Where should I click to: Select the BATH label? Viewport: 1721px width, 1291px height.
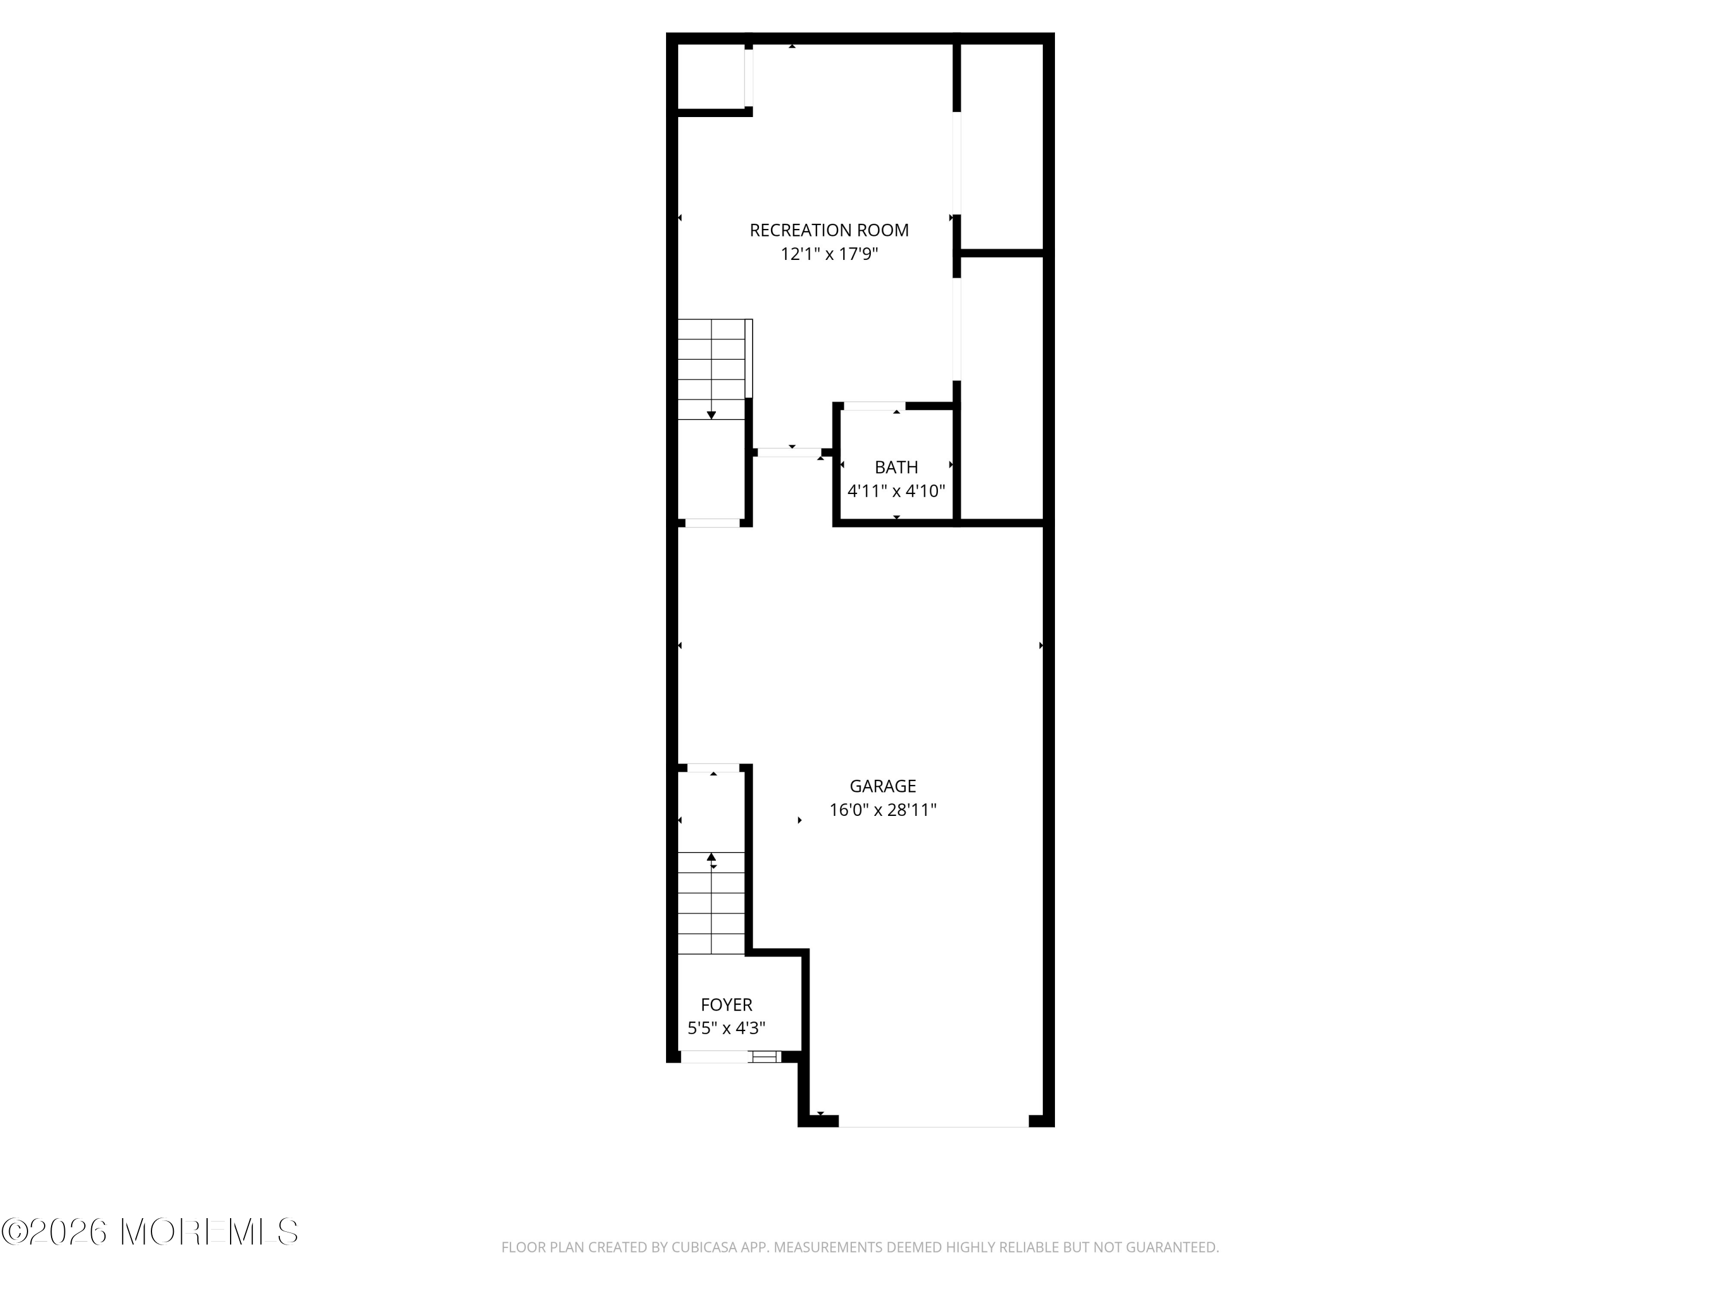pyautogui.click(x=896, y=468)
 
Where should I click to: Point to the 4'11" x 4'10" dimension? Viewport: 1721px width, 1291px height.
pyautogui.click(x=896, y=491)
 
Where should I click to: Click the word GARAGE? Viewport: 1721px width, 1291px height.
pyautogui.click(x=882, y=786)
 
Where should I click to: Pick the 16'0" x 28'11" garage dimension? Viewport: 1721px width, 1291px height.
pyautogui.click(x=882, y=810)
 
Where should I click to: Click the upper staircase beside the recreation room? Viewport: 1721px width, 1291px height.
pyautogui.click(x=711, y=370)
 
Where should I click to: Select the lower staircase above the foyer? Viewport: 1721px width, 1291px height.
pyautogui.click(x=711, y=903)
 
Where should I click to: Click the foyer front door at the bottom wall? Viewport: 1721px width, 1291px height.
pyautogui.click(x=716, y=1057)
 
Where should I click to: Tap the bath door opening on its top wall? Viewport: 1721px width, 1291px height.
pyautogui.click(x=874, y=406)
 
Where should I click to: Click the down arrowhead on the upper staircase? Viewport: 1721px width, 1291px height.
pyautogui.click(x=711, y=415)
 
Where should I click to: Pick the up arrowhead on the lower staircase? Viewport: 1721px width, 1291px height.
pyautogui.click(x=711, y=857)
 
